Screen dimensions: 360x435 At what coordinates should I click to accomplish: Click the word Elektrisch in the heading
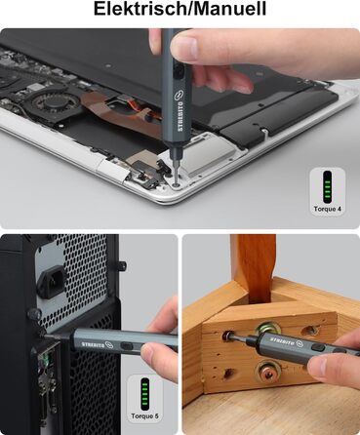tap(137, 9)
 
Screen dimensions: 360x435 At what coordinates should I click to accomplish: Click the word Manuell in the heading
tap(225, 9)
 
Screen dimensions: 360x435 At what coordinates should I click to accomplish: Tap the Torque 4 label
tap(328, 209)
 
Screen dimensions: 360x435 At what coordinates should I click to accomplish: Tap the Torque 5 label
tap(144, 416)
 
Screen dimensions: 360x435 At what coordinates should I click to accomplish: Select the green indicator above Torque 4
tap(327, 186)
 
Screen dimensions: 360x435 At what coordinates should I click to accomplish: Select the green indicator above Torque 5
tap(144, 394)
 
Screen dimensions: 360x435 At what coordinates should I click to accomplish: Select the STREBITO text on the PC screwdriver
tap(92, 344)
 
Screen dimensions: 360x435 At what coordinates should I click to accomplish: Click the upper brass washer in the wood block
tap(268, 330)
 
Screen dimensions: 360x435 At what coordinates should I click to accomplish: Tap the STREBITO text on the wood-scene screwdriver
tap(282, 341)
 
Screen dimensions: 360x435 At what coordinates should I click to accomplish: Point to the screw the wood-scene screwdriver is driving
tap(227, 335)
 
